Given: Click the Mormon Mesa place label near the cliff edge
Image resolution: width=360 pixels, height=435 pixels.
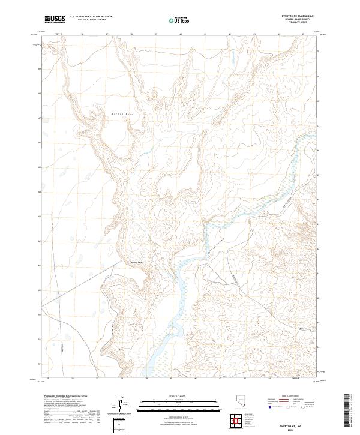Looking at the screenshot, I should click(137, 260).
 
